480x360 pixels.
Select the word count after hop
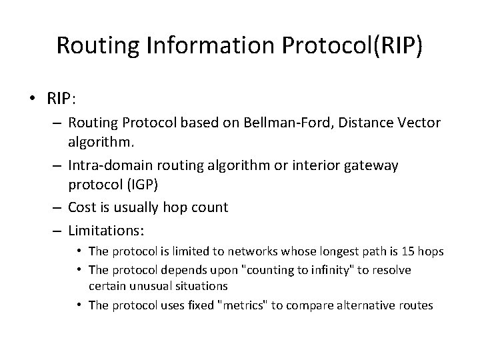click(x=209, y=207)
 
